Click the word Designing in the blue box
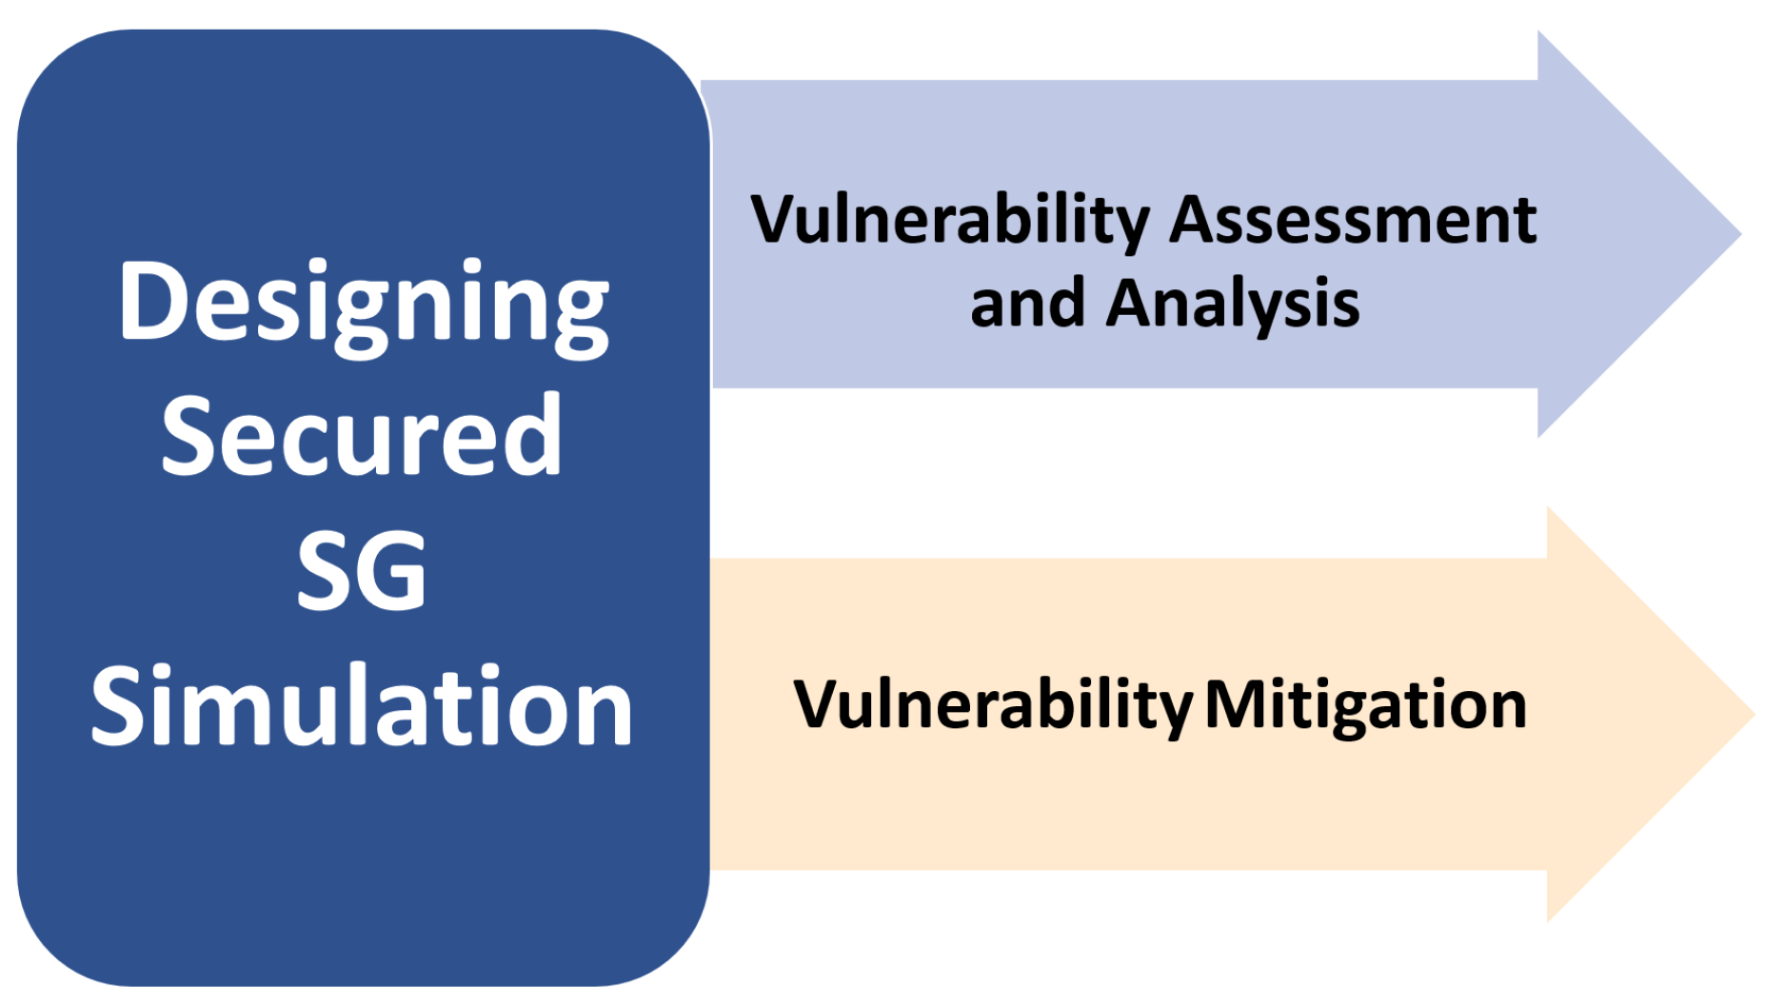pos(364,306)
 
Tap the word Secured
pos(362,435)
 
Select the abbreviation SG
pos(361,570)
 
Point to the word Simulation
pos(362,704)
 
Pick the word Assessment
pos(1353,220)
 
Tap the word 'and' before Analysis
pos(1027,303)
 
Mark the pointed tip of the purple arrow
pos(1741,233)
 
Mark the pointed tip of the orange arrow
pos(1755,714)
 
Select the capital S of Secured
pos(190,435)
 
